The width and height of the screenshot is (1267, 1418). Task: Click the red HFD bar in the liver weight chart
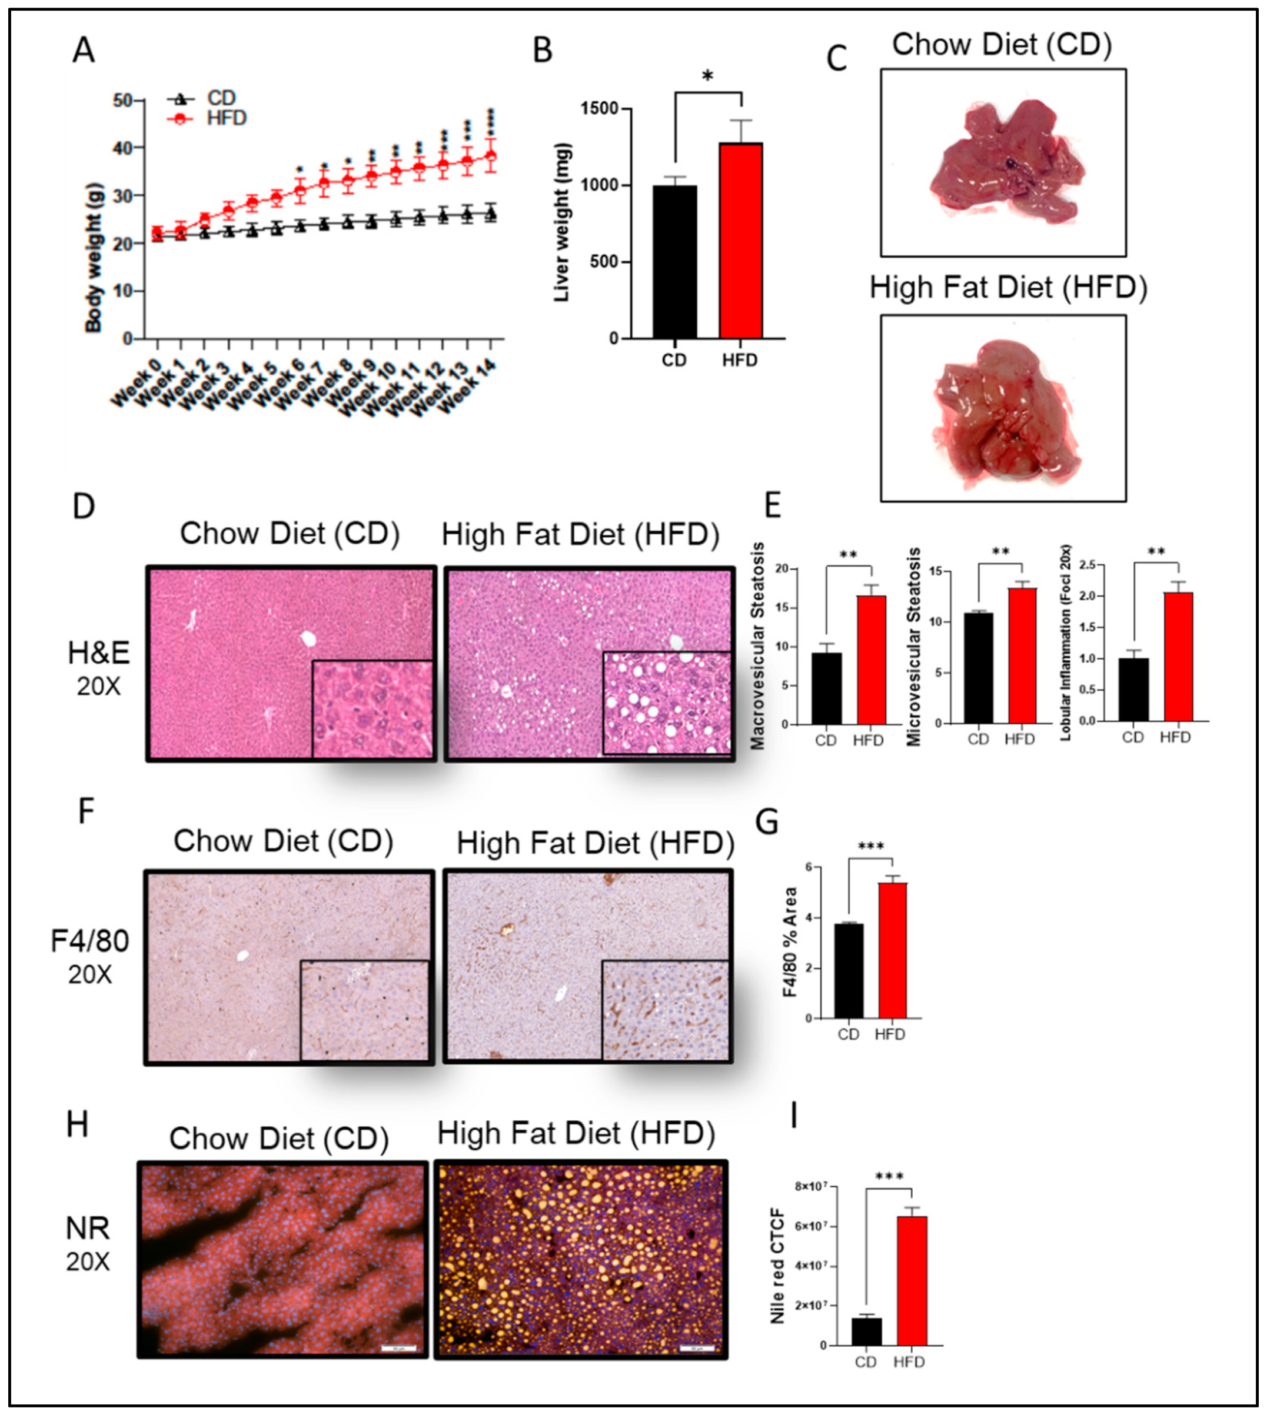741,240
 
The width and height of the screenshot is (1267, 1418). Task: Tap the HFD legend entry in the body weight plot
226,118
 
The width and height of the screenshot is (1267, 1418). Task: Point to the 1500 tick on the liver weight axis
603,109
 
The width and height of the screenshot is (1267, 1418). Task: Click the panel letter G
766,822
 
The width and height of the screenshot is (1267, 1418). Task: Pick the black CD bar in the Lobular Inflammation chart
1133,690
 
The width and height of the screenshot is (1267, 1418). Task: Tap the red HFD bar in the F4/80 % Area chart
893,950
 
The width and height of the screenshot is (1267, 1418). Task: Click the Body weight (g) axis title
94,258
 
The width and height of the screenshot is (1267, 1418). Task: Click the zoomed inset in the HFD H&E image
666,703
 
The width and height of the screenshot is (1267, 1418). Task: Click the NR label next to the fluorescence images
88,1228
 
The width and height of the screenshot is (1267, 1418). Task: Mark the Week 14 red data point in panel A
491,155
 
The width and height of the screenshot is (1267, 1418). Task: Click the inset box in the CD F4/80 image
364,1010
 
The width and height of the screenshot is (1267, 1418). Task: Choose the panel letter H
77,1124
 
